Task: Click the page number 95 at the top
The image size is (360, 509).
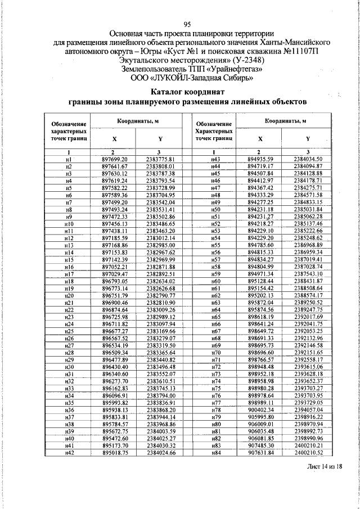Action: pyautogui.click(x=187, y=24)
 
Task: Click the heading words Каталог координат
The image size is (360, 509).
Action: pyautogui.click(x=187, y=92)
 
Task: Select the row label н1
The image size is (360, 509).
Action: pyautogui.click(x=68, y=160)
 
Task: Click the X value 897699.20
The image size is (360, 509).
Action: pyautogui.click(x=115, y=160)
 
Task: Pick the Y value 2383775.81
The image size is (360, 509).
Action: pyautogui.click(x=161, y=160)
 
